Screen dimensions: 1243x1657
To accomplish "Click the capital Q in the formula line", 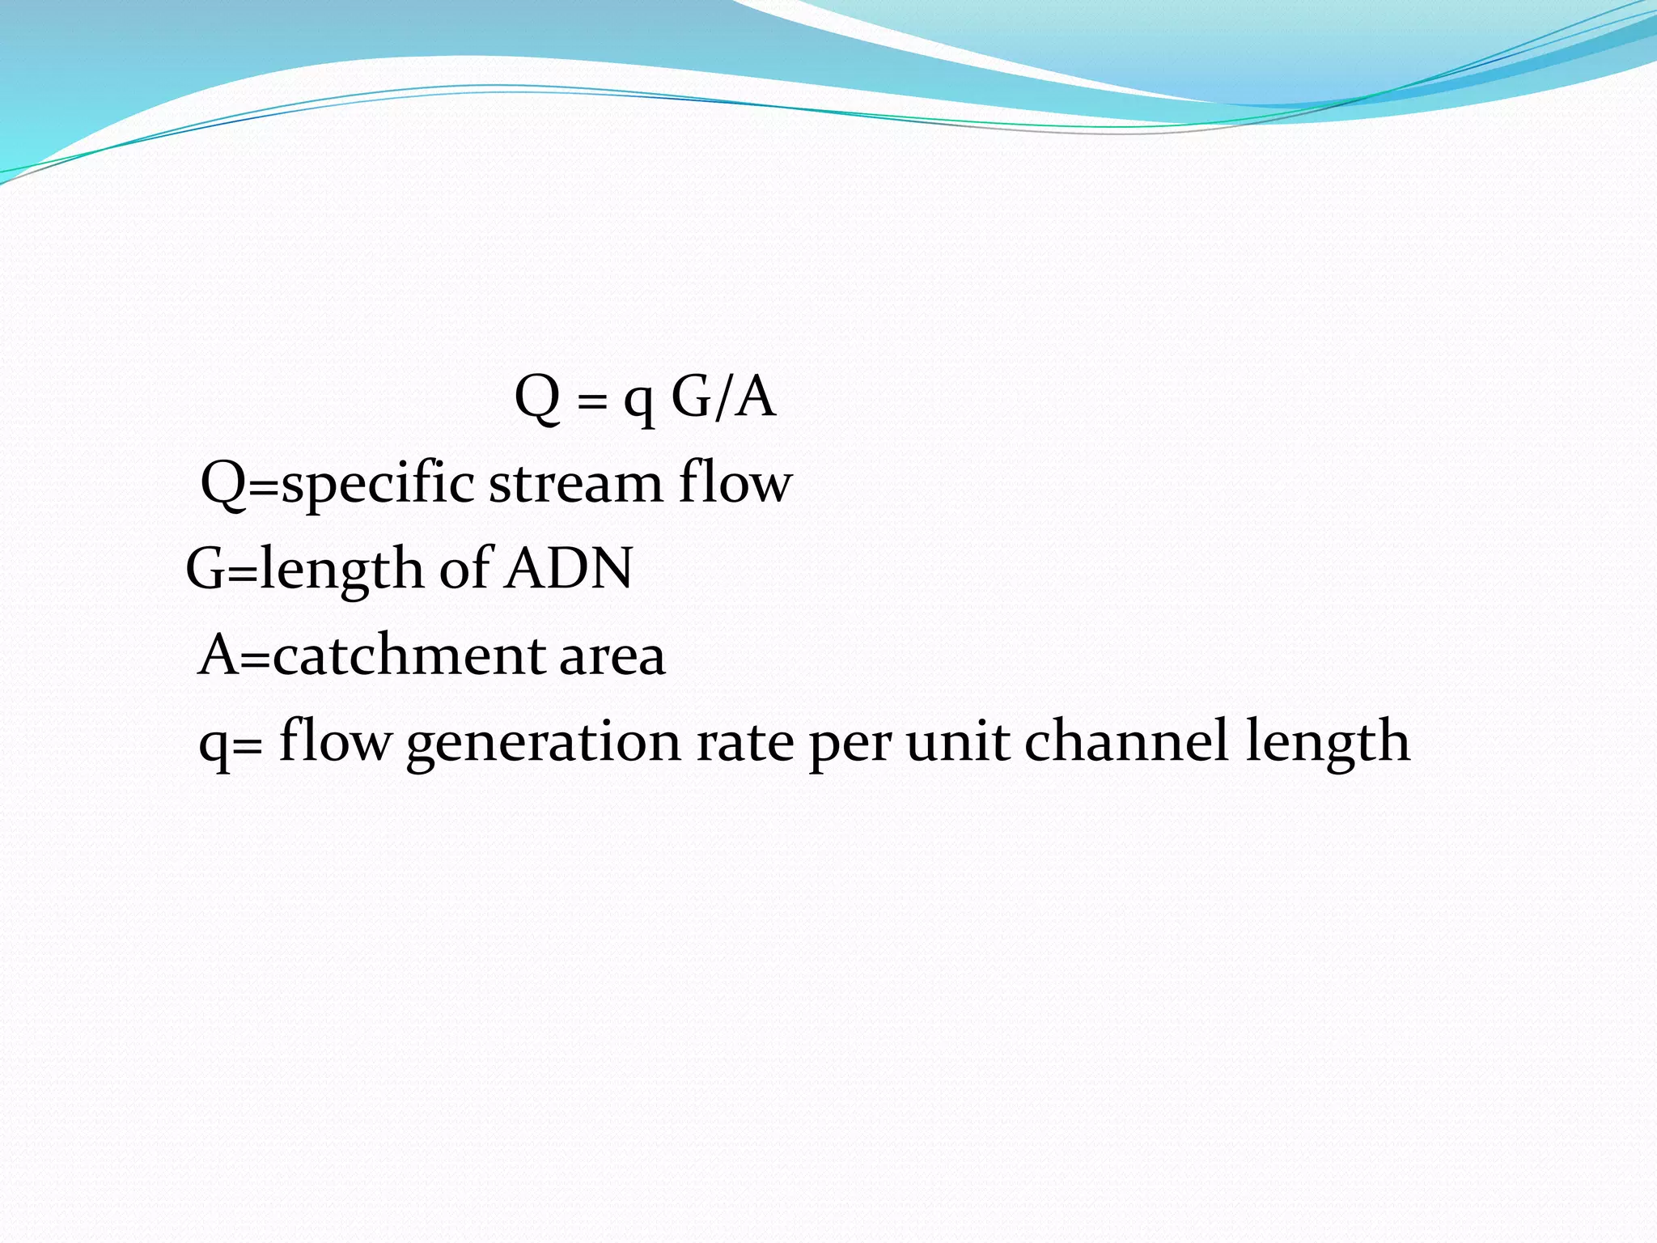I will (538, 397).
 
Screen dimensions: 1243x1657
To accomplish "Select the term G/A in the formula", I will (723, 397).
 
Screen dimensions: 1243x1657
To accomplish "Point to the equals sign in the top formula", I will (592, 401).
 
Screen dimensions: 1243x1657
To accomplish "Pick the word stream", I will (575, 483).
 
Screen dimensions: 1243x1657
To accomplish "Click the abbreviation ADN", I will (569, 568).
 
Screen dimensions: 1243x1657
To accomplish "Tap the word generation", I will (544, 742).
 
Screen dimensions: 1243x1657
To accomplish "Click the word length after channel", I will (1327, 742).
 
